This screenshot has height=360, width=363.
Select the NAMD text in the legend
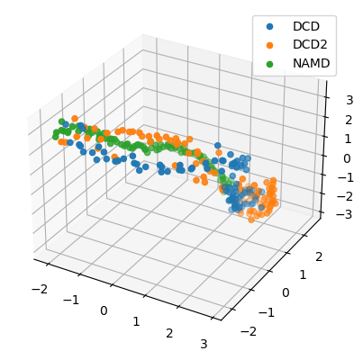(310, 64)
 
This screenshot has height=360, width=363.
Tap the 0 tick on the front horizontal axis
(103, 310)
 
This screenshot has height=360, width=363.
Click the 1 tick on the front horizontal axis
(136, 321)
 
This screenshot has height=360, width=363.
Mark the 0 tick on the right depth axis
(286, 292)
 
